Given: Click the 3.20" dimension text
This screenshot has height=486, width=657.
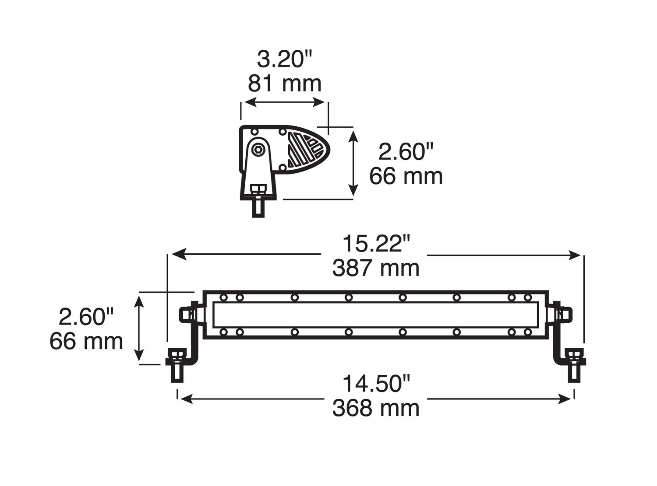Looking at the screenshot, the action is coord(284,59).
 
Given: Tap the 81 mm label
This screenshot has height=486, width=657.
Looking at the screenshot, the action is coord(284,84).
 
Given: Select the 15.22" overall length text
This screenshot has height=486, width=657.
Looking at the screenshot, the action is coord(376,244).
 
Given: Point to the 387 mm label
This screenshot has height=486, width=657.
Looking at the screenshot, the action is coord(376,268).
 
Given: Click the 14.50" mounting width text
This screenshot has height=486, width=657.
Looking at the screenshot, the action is coord(376,384).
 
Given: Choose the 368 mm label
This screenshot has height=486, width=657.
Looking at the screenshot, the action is coord(376,408).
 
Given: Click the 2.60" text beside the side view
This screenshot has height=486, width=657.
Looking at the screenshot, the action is coord(406,152).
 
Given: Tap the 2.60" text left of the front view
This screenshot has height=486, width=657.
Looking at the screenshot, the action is coord(86,317).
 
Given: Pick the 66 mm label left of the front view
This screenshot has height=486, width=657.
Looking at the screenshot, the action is coord(86,341).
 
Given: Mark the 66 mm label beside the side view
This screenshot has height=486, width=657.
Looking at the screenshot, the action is coord(406,176).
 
